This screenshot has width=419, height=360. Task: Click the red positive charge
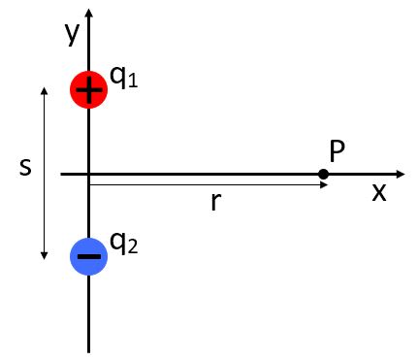click(88, 90)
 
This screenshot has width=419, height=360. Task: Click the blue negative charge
click(88, 256)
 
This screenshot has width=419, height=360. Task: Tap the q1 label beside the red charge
click(123, 79)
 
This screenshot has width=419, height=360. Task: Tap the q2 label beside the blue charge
click(123, 244)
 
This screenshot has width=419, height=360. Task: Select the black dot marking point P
click(323, 175)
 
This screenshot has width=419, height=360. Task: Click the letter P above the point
click(338, 150)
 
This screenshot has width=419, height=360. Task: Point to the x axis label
click(378, 191)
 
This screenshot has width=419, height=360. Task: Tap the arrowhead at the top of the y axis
click(88, 12)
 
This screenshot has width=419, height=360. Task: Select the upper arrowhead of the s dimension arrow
click(44, 90)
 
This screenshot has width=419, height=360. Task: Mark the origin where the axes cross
click(88, 175)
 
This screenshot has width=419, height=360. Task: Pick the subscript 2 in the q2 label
click(133, 248)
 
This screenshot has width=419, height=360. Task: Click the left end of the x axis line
click(61, 175)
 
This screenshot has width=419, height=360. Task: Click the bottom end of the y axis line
click(88, 350)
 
